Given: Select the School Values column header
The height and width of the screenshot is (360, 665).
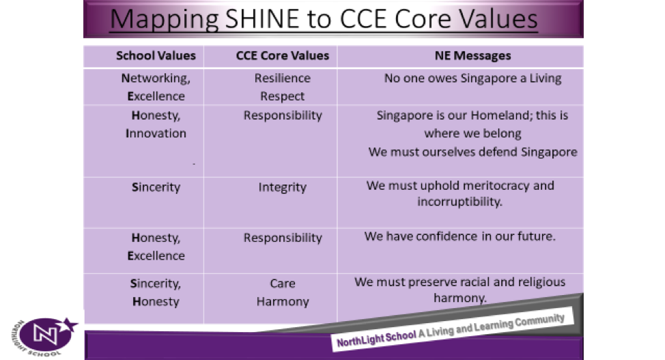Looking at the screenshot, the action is tap(156, 55).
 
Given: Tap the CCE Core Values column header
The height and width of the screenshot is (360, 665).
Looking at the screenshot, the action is tap(283, 55).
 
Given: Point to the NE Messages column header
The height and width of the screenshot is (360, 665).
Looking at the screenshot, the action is tap(473, 55).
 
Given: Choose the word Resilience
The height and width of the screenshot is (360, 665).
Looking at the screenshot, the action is tap(283, 78).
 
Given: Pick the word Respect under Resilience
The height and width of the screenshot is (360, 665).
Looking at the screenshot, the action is tap(283, 97).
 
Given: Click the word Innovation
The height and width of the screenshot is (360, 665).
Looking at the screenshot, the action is tap(156, 133).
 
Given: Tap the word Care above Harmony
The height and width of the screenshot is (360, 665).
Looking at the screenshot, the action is tap(283, 283).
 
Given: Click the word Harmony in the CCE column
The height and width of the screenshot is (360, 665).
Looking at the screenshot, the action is tap(283, 302).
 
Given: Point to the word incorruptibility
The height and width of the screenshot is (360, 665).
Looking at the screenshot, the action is tap(459, 202).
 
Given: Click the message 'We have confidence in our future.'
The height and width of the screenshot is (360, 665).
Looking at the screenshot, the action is tap(459, 236).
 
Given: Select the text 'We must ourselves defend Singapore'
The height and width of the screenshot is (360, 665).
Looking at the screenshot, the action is tap(473, 152).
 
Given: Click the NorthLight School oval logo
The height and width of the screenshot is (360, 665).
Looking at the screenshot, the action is tap(45, 335).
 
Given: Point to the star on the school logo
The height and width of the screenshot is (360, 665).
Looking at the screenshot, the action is tap(69, 324).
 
